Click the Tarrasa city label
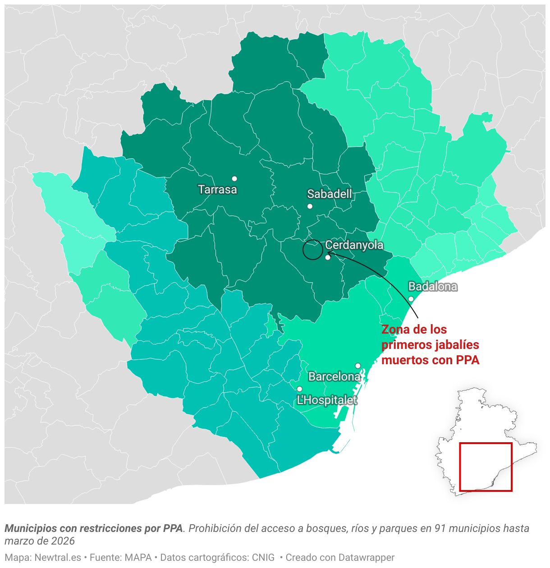(x=217, y=189)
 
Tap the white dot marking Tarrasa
(x=234, y=179)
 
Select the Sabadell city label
(x=330, y=194)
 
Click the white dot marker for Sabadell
(x=310, y=206)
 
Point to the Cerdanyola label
(x=354, y=245)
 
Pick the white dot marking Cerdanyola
(x=328, y=257)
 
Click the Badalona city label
(x=433, y=286)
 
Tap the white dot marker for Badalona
(x=411, y=299)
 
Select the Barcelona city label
(x=335, y=376)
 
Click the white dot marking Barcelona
(x=358, y=366)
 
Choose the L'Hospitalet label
(x=327, y=400)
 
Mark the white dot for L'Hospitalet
(x=299, y=389)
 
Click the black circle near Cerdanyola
(x=312, y=250)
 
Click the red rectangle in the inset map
(x=486, y=467)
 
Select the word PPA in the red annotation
(x=467, y=360)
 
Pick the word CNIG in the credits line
(x=263, y=558)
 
